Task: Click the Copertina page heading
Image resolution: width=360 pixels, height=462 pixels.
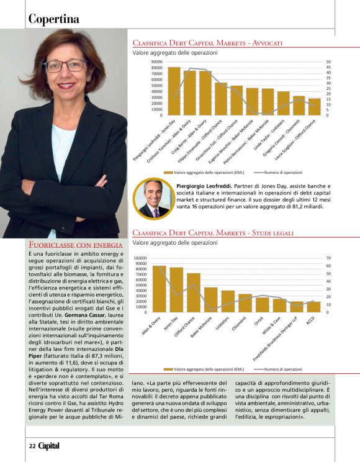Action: pos(54,19)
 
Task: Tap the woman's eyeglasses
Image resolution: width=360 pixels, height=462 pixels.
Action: pos(65,65)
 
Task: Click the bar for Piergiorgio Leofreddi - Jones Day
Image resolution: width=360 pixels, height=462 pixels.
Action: pos(174,91)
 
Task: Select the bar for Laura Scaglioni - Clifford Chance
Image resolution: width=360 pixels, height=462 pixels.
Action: pos(315,107)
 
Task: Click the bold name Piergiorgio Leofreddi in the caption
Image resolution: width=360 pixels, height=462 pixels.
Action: pos(202,186)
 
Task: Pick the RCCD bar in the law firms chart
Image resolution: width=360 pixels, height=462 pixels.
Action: pos(313,306)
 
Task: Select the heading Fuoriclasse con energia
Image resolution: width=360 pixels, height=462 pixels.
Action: pos(76,246)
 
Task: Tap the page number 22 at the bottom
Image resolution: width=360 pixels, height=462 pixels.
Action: pos(32,445)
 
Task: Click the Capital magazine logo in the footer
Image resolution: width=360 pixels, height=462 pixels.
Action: pos(49,445)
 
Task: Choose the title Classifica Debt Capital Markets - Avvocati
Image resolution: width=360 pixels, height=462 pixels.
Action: pos(209,43)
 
